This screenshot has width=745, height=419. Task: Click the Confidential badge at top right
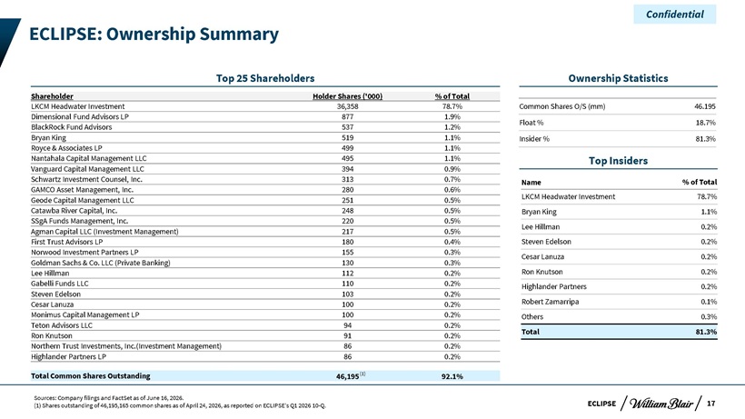[x=675, y=15]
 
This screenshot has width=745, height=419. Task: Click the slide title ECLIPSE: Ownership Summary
[x=154, y=35]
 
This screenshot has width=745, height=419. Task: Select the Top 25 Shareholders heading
[x=265, y=78]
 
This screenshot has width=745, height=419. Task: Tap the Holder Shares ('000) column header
[x=347, y=96]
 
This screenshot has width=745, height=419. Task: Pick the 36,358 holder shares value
[x=347, y=106]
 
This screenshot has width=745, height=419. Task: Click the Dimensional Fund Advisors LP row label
[x=80, y=117]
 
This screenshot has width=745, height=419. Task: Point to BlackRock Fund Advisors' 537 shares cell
[x=347, y=127]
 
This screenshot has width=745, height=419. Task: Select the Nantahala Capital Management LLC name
[x=89, y=159]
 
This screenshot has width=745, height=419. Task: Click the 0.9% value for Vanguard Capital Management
[x=452, y=169]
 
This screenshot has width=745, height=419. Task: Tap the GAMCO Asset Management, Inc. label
[x=82, y=190]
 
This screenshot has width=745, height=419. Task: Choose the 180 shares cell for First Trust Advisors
[x=347, y=242]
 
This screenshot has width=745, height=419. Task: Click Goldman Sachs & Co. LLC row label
[x=101, y=263]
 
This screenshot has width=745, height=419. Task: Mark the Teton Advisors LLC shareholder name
[x=62, y=325]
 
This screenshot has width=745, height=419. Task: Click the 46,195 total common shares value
[x=347, y=376]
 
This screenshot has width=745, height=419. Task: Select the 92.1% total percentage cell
[x=452, y=376]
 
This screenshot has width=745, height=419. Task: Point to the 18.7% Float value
[x=706, y=123]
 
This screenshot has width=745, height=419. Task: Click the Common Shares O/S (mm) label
[x=562, y=106]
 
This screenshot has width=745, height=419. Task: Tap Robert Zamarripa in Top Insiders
[x=551, y=302]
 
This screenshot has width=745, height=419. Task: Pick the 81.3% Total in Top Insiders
[x=706, y=332]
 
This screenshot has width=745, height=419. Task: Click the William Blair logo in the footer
[x=661, y=404]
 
